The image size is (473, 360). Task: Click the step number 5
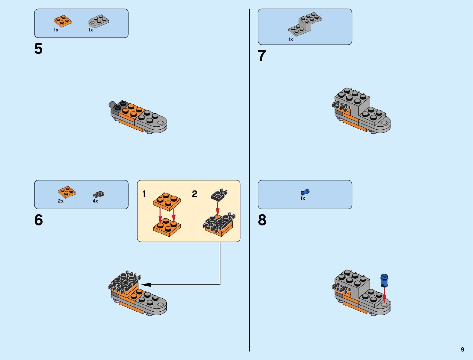38,49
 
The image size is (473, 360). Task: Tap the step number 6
38,220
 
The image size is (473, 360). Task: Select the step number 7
262,56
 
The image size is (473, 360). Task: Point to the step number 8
262,220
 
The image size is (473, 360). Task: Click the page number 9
462,349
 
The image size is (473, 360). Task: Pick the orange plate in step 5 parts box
63,21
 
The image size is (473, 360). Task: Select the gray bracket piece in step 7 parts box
305,24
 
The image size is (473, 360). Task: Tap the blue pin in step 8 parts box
305,192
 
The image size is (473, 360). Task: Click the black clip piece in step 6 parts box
99,194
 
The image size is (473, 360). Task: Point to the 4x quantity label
95,201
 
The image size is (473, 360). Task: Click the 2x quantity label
61,201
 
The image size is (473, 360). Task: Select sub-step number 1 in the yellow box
144,194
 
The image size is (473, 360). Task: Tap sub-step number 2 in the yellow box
194,194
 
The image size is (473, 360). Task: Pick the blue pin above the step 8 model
384,280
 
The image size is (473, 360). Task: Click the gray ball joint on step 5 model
112,105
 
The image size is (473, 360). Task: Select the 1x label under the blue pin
303,198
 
